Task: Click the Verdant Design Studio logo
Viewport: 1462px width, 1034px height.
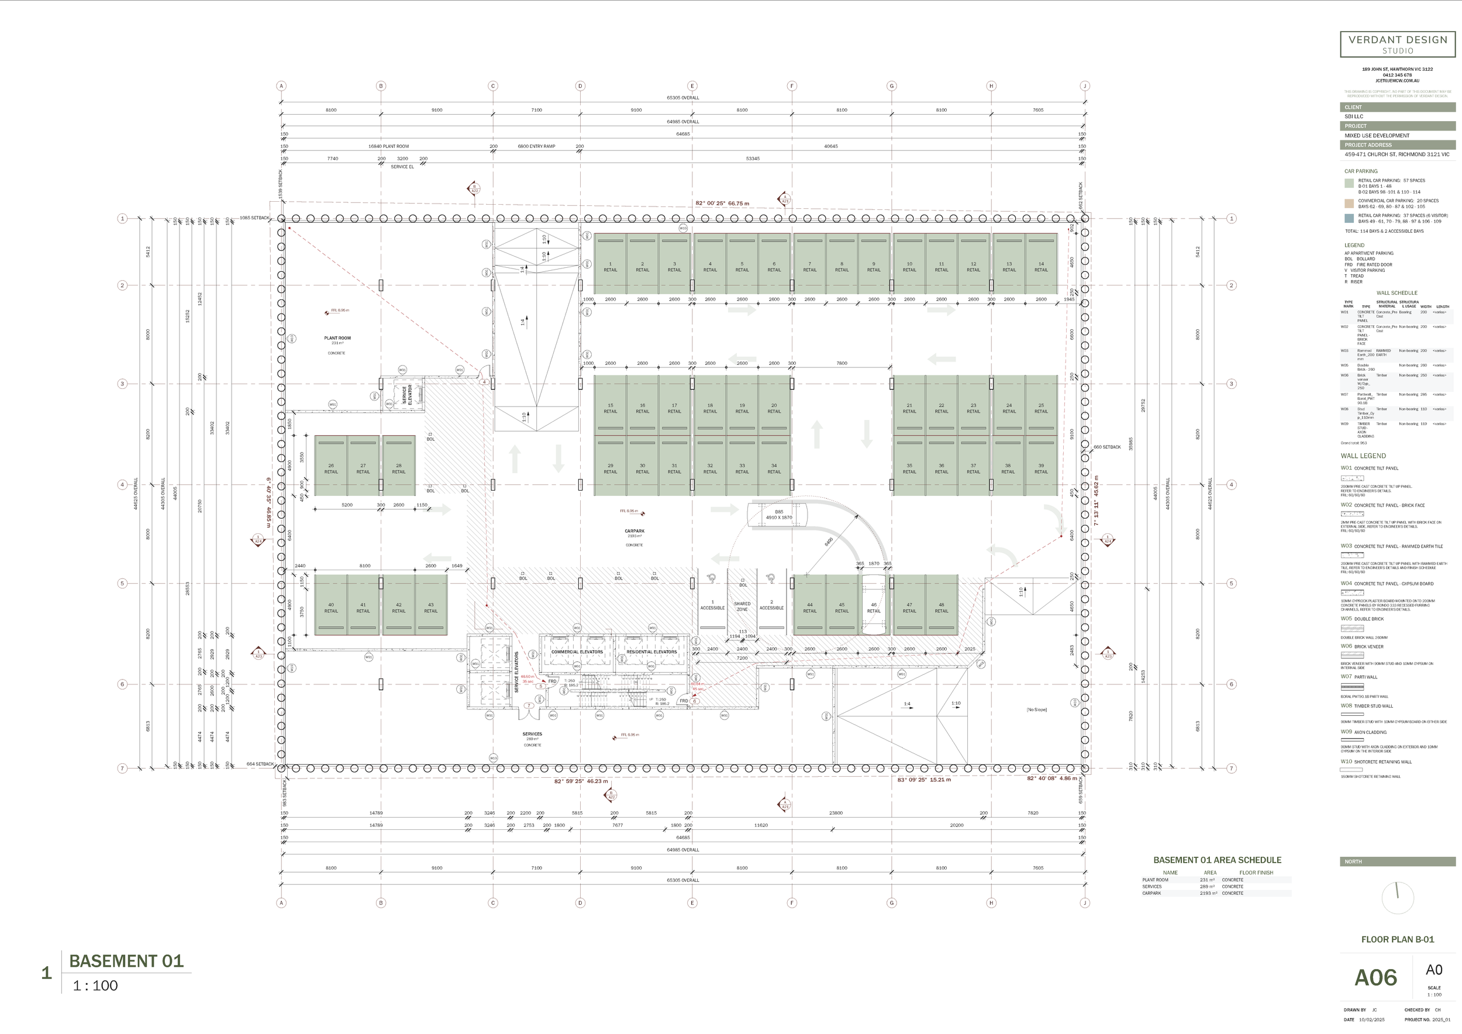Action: tap(1398, 44)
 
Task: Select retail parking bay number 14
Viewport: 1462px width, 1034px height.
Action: tap(1040, 266)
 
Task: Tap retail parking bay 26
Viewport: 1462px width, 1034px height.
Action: tap(331, 468)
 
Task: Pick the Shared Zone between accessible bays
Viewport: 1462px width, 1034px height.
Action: tap(742, 605)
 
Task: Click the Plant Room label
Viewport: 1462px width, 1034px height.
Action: tap(337, 338)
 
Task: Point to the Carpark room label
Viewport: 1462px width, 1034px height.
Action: tap(634, 531)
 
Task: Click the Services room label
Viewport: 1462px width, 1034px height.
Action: tap(532, 734)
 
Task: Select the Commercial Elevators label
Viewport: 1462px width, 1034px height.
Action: tap(577, 652)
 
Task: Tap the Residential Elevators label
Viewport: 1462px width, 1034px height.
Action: tap(651, 652)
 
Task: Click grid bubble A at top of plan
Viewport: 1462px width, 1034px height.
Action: tap(281, 86)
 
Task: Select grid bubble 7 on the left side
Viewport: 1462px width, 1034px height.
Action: tap(122, 768)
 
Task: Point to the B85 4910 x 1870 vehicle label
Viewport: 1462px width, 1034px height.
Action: tap(779, 515)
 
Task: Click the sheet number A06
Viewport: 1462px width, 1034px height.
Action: tap(1375, 978)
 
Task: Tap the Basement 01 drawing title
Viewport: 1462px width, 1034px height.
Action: tap(126, 961)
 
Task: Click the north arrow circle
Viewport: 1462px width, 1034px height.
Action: tap(1398, 898)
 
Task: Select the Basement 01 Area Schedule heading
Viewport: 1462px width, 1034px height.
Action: tap(1217, 860)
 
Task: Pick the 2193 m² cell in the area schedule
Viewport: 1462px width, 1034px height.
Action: tap(1208, 893)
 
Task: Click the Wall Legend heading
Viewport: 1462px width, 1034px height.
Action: tap(1363, 456)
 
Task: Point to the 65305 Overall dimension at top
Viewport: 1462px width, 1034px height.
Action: tap(682, 98)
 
